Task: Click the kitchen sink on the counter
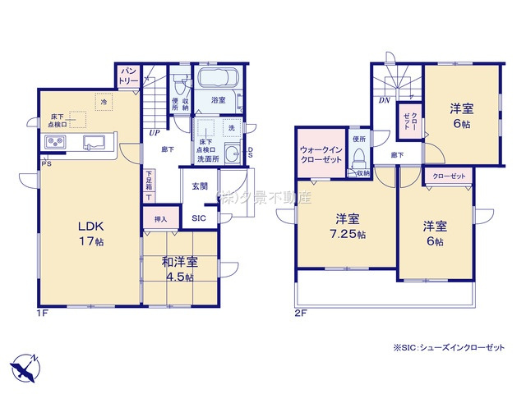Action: click(x=93, y=144)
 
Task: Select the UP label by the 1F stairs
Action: click(x=154, y=131)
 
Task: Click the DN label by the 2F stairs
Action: click(x=384, y=101)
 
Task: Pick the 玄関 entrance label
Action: click(x=201, y=187)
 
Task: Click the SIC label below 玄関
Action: click(x=200, y=218)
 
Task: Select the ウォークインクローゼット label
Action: click(x=321, y=155)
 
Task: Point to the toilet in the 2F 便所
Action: click(x=359, y=156)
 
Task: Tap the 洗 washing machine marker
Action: click(x=231, y=128)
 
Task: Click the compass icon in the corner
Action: click(x=25, y=364)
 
